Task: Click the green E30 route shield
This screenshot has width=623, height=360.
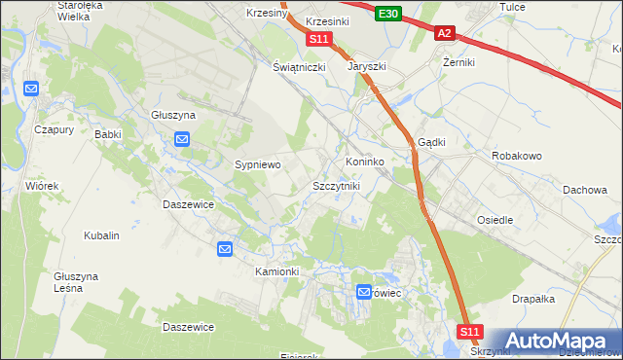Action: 388,13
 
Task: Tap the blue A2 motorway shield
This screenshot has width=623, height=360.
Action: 444,33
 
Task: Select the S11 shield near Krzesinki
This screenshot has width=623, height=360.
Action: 319,39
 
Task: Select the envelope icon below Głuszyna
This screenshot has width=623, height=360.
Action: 182,139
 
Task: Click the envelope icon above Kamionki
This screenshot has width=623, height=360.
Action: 225,249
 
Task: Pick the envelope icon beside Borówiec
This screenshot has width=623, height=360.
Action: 364,291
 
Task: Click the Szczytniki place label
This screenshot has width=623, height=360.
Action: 336,186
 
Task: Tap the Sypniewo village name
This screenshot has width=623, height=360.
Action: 257,165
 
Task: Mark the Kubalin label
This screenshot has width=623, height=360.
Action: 101,235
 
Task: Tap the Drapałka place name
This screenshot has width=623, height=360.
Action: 532,300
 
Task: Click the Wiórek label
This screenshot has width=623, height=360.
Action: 43,185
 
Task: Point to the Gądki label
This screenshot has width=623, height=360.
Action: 431,142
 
